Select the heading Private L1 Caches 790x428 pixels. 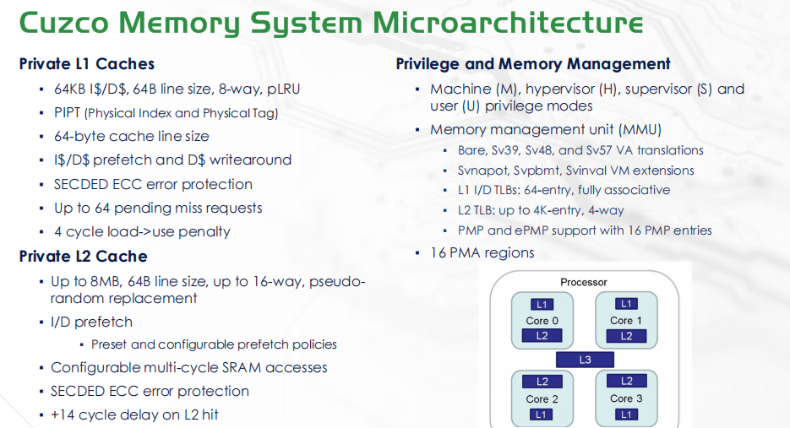(x=86, y=64)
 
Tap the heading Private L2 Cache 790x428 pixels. (x=83, y=257)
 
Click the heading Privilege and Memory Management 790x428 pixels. (x=533, y=64)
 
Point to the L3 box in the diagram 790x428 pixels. (x=585, y=360)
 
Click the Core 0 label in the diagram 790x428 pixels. (x=542, y=320)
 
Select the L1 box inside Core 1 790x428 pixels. (x=626, y=304)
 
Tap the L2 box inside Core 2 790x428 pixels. (x=542, y=382)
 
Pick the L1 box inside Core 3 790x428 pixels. (x=626, y=414)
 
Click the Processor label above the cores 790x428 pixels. (x=584, y=282)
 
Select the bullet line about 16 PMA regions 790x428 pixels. (x=482, y=252)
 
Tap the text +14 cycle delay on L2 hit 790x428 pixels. (x=134, y=414)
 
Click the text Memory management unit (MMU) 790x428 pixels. (x=545, y=130)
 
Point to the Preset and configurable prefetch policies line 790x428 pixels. (x=214, y=344)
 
